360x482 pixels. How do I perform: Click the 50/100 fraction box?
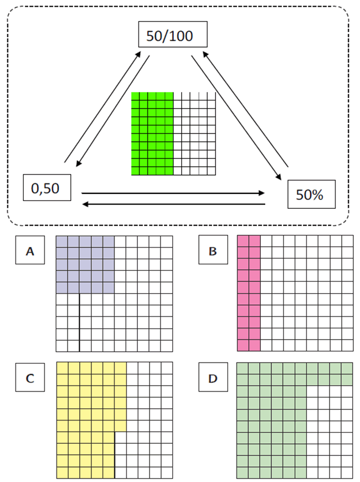click(x=172, y=35)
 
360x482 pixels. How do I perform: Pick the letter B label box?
click(x=212, y=252)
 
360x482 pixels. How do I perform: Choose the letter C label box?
click(x=30, y=378)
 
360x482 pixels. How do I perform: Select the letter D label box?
click(x=212, y=379)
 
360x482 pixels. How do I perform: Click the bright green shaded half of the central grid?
click(x=152, y=134)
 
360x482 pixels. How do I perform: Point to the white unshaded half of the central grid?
click(x=194, y=134)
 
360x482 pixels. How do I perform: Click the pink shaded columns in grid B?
click(x=249, y=293)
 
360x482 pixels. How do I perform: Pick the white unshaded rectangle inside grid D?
click(x=330, y=432)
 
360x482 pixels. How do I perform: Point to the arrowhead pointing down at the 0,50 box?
click(x=78, y=163)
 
